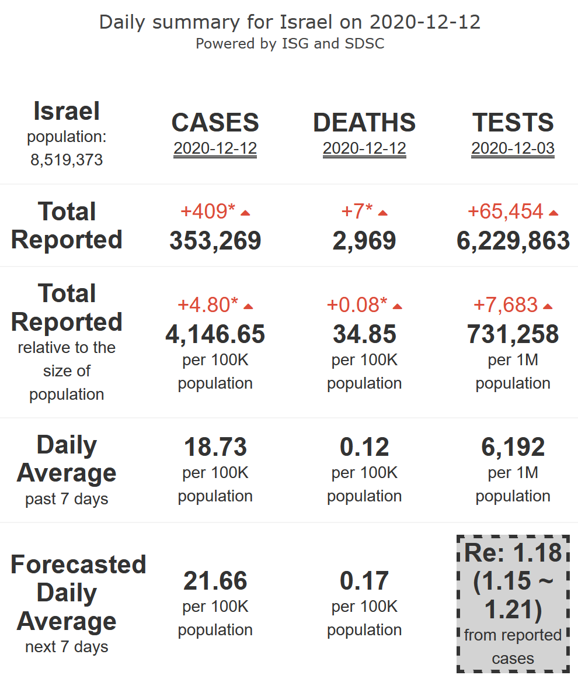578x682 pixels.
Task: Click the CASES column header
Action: click(x=215, y=123)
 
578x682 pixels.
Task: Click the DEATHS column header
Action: click(x=364, y=123)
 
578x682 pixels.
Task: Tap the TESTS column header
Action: click(x=513, y=123)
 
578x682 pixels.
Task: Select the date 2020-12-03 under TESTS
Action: click(x=513, y=148)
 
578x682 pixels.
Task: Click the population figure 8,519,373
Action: click(x=67, y=160)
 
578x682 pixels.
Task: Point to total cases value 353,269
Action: click(x=215, y=241)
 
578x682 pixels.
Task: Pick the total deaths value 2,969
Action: click(x=364, y=241)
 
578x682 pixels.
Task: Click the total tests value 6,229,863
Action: click(x=513, y=241)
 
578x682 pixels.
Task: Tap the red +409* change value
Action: click(x=208, y=212)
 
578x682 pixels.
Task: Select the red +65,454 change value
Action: click(x=506, y=212)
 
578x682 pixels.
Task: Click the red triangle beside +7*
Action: click(x=383, y=213)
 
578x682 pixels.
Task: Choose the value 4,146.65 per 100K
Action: click(x=215, y=334)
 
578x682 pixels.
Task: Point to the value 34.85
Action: click(x=364, y=334)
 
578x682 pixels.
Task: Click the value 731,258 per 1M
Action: click(x=513, y=334)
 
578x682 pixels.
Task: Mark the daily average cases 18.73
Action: click(x=215, y=447)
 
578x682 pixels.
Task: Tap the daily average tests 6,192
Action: click(x=513, y=447)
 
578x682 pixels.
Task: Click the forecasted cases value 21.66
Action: click(x=215, y=581)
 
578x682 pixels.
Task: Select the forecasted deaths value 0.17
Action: click(x=364, y=581)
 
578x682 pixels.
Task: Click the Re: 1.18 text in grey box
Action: click(x=513, y=553)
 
